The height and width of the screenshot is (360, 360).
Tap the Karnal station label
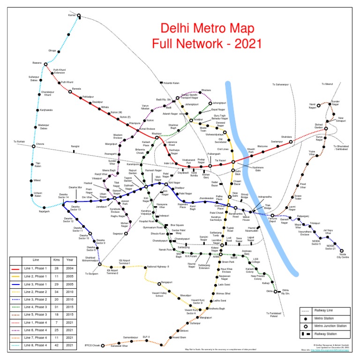[x=72, y=15]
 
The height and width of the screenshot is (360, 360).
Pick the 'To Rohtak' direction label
[x=19, y=142]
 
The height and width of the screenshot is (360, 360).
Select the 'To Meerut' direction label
[x=327, y=84]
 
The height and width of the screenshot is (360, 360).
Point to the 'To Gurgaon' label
[x=90, y=273]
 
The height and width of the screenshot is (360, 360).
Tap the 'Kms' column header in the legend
[x=57, y=259]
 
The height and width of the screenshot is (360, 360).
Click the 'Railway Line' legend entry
[x=326, y=311]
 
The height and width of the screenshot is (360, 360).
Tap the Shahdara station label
[x=300, y=136]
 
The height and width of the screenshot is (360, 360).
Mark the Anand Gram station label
[x=180, y=337]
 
